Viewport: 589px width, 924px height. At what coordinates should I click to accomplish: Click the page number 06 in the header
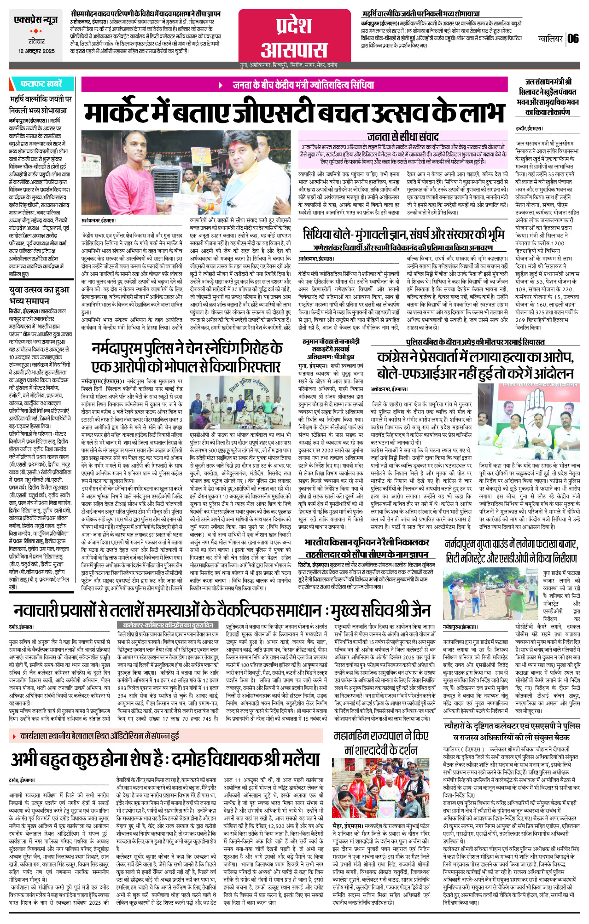(573, 39)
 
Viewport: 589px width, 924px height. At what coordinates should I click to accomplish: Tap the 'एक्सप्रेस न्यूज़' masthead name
(36, 21)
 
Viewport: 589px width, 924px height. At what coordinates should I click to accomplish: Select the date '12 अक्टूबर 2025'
(36, 51)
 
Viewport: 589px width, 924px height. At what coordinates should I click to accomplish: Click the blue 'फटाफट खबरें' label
(41, 84)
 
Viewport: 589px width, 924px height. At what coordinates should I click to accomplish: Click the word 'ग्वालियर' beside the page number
(550, 39)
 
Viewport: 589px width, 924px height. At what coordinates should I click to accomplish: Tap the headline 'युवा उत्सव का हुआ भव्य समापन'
(39, 295)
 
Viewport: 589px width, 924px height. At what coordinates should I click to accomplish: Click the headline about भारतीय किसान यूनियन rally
(367, 548)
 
